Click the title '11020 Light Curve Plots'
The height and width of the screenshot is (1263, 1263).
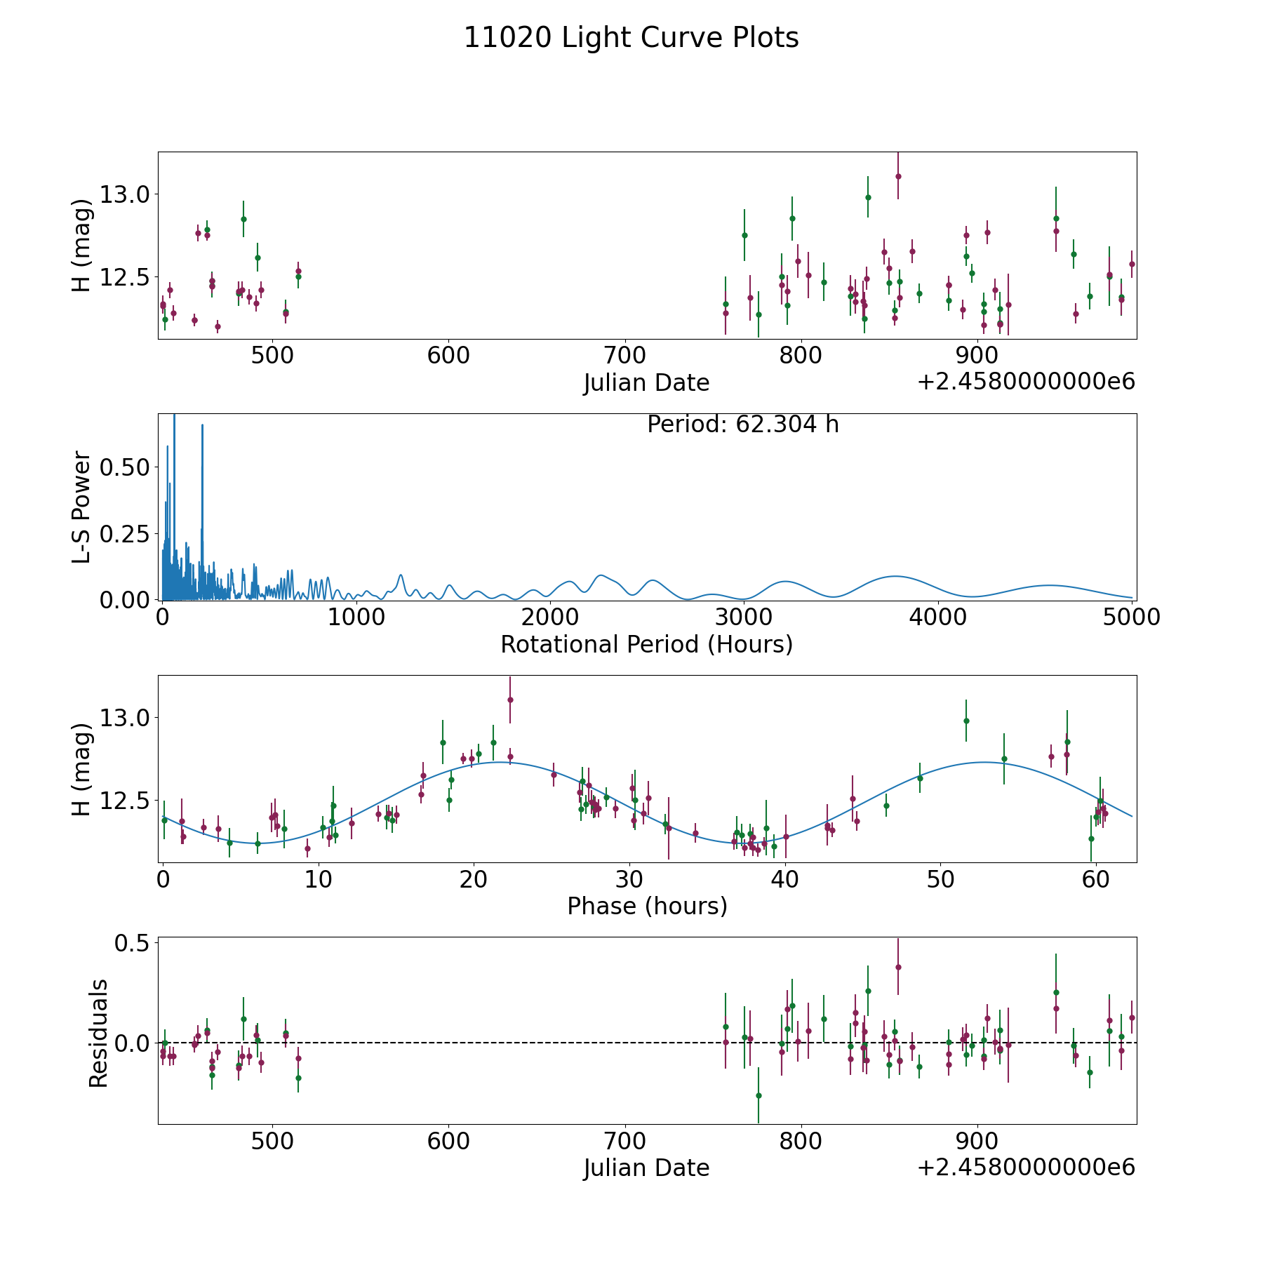click(631, 38)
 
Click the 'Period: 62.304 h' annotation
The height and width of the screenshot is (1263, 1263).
click(742, 425)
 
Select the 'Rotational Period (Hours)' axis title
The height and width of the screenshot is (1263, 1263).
click(646, 644)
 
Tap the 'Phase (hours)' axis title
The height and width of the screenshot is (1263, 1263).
click(646, 906)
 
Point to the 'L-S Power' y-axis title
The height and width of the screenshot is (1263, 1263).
click(81, 507)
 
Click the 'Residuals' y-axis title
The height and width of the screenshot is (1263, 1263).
click(98, 1033)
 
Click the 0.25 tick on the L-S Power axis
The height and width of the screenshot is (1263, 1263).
click(124, 533)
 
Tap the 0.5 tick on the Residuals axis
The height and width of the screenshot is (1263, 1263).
click(133, 943)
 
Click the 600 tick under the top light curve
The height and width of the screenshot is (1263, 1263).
click(448, 356)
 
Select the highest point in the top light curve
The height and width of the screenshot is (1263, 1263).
click(898, 176)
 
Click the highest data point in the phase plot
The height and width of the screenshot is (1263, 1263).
click(510, 700)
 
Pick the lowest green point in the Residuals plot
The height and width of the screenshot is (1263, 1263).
click(759, 1095)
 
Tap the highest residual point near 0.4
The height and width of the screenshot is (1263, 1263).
click(898, 967)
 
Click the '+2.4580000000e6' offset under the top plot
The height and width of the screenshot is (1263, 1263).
click(1026, 382)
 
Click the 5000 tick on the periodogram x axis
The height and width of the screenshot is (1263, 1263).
click(1131, 617)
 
